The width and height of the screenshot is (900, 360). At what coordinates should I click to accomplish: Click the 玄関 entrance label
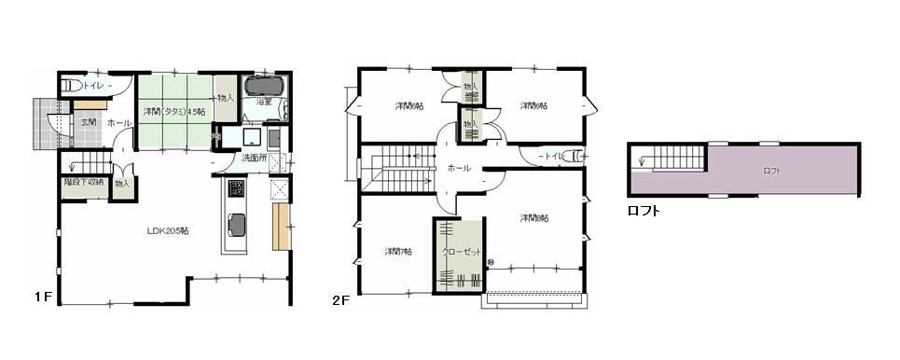tap(88, 122)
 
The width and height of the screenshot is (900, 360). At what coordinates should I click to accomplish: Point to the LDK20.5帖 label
tap(168, 230)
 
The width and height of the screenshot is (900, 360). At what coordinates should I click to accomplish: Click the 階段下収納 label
tap(85, 183)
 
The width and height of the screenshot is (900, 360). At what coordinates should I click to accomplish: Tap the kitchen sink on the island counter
tap(237, 226)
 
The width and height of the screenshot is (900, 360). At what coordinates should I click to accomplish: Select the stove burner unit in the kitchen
tap(236, 192)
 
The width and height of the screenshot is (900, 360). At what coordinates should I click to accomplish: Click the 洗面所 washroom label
tap(255, 158)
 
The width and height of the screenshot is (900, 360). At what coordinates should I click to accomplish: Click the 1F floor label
tap(42, 297)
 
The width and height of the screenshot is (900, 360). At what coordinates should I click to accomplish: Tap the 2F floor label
tap(341, 300)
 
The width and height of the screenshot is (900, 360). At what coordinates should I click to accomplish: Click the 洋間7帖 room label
tap(398, 251)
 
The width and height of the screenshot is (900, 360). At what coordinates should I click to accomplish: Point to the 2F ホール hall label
tap(458, 169)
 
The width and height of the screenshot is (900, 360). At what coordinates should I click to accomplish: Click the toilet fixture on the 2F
tap(575, 157)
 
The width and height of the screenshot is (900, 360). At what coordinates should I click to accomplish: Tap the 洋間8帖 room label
tap(534, 218)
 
